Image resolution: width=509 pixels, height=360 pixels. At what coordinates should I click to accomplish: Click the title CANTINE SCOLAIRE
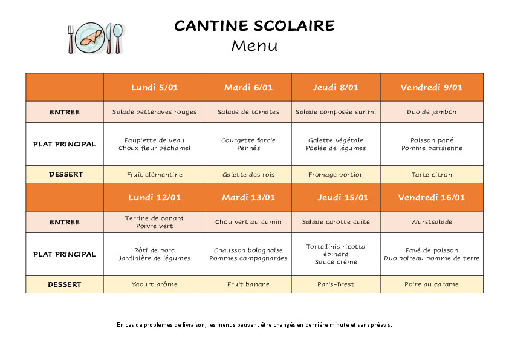pyautogui.click(x=254, y=25)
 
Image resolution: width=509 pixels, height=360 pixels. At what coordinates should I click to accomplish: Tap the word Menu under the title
pyautogui.click(x=254, y=45)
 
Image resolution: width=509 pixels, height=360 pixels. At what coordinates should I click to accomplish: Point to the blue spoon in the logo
pyautogui.click(x=117, y=38)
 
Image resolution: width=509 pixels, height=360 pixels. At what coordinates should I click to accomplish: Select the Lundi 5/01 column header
pyautogui.click(x=154, y=87)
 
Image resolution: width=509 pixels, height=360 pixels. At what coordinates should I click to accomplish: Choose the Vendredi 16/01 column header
pyautogui.click(x=432, y=197)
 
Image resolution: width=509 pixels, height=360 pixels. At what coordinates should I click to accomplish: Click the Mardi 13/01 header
pyautogui.click(x=248, y=197)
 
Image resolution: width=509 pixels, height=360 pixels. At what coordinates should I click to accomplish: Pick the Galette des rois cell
pyautogui.click(x=248, y=175)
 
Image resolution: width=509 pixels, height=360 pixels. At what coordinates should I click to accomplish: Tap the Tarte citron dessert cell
pyautogui.click(x=432, y=175)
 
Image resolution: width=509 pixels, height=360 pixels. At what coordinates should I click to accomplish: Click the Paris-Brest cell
pyautogui.click(x=336, y=284)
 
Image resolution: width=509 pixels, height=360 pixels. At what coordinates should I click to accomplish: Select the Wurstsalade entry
pyautogui.click(x=432, y=222)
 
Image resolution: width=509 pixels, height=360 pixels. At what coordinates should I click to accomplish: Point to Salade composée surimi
pyautogui.click(x=336, y=112)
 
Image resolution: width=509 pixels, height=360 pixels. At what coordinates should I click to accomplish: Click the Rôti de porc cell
pyautogui.click(x=154, y=254)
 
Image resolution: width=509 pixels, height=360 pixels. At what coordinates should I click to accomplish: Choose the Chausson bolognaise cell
pyautogui.click(x=248, y=254)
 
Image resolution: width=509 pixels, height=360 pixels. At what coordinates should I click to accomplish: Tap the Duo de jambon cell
pyautogui.click(x=432, y=112)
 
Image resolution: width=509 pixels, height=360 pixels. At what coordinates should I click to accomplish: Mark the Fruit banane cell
pyautogui.click(x=248, y=284)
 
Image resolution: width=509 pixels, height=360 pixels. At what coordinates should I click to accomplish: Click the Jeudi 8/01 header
pyautogui.click(x=336, y=87)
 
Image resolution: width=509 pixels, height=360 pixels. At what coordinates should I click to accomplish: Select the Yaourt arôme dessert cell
pyautogui.click(x=154, y=284)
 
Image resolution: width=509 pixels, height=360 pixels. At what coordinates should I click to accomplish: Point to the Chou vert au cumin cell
pyautogui.click(x=248, y=222)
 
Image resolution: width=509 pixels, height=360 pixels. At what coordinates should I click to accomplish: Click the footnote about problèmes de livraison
pyautogui.click(x=254, y=325)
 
